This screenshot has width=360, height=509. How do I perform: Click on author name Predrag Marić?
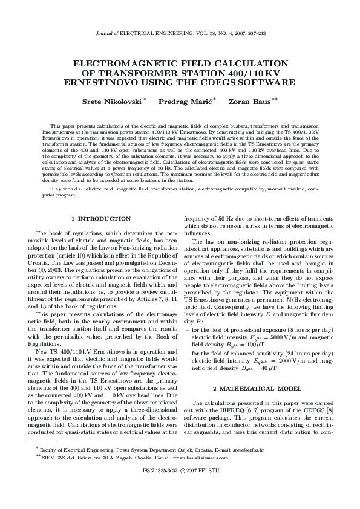click(x=186, y=101)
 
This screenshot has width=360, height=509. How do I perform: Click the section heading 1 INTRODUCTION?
click(x=100, y=218)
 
